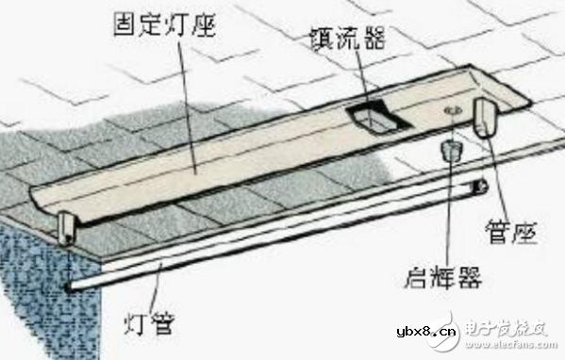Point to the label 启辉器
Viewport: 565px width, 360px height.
click(440, 277)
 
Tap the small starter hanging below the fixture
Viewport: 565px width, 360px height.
click(451, 150)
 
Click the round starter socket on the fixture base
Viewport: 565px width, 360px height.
click(451, 111)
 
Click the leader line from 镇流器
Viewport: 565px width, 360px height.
click(359, 80)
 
